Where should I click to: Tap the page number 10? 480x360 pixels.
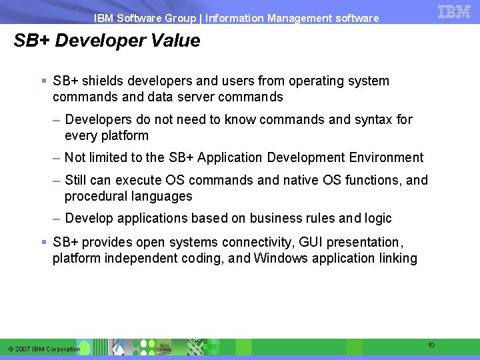(x=431, y=345)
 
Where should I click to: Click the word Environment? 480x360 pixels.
(x=386, y=157)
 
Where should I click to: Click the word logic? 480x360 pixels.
(x=378, y=218)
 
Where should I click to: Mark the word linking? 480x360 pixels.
(x=397, y=258)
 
